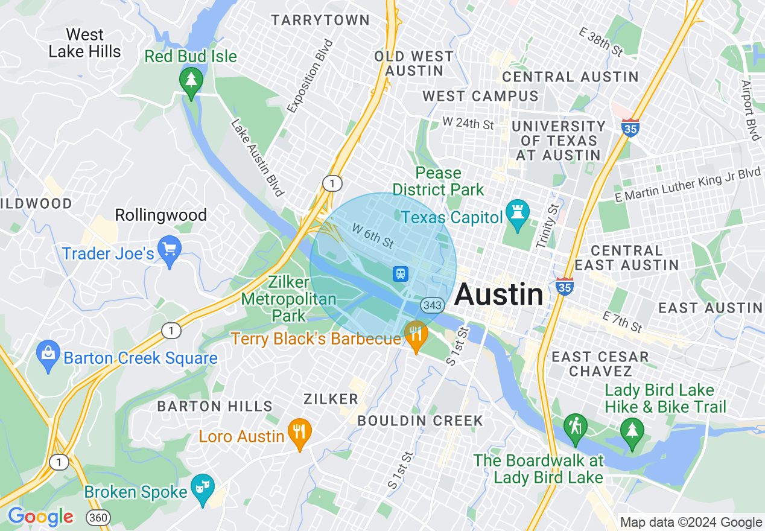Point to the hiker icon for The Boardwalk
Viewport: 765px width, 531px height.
[576, 427]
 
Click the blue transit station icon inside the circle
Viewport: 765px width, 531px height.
[401, 274]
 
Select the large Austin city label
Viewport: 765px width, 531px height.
[499, 294]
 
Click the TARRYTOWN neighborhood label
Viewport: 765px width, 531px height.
[320, 20]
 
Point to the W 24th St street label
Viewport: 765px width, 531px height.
[468, 123]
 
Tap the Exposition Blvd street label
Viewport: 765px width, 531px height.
[310, 77]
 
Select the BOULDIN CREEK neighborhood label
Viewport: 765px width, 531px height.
[420, 421]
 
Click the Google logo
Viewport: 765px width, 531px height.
[40, 517]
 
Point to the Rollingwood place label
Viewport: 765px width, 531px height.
[160, 215]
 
